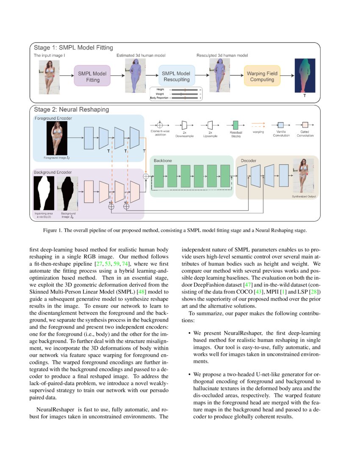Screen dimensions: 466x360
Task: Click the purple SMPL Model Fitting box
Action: pos(92,76)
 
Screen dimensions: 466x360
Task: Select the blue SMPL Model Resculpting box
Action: pos(176,76)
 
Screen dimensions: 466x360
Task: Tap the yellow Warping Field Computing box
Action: pos(262,76)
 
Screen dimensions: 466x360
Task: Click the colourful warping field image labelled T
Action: pos(304,75)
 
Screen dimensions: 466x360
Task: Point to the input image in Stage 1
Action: pos(49,76)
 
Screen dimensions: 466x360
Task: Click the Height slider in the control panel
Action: pos(185,90)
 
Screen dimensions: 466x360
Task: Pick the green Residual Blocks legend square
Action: pos(236,125)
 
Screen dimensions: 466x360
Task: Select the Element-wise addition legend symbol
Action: pos(160,125)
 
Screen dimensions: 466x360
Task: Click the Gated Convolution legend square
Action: pos(305,125)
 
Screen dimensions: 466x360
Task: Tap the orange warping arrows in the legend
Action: pos(258,125)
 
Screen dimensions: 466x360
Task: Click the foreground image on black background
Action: pos(57,138)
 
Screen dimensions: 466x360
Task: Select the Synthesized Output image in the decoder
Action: pos(304,175)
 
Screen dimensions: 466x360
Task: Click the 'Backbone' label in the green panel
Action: pos(163,161)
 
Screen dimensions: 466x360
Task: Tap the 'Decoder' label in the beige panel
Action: pos(249,161)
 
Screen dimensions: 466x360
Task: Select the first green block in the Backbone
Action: pos(159,176)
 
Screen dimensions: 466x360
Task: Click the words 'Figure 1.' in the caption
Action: pos(53,231)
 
